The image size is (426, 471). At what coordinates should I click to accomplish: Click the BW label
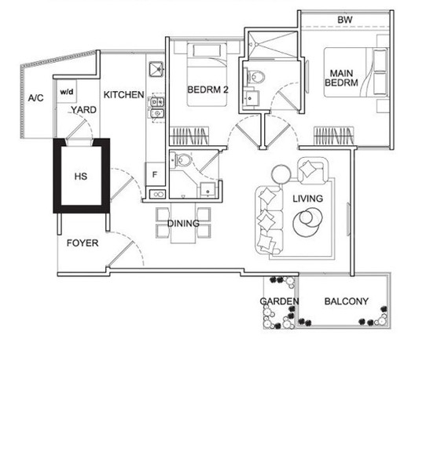coord(345,20)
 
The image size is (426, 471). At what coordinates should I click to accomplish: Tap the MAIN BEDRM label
coord(341,78)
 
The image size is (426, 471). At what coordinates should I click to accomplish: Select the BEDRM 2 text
coord(207,89)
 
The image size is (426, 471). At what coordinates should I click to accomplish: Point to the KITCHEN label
coord(123,95)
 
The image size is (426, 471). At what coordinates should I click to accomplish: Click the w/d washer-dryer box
coord(67,91)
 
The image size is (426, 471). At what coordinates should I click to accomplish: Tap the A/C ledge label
coord(36,97)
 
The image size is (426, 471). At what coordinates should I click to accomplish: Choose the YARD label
coord(83,110)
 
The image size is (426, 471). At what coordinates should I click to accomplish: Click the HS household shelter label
coord(81,176)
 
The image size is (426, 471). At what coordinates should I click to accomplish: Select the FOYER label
coord(83,243)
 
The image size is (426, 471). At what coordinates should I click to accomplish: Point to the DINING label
coord(183,223)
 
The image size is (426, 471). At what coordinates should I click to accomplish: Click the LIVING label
coord(308,199)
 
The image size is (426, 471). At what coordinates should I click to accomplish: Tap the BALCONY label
coord(347,301)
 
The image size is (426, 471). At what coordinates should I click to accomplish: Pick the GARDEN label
coord(279,301)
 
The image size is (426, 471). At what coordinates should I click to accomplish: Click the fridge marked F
coord(155,174)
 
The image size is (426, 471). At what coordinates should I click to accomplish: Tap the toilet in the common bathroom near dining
coord(182,160)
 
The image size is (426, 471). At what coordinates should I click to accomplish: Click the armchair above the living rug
coord(313,170)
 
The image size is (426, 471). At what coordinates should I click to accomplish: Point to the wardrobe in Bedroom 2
coord(189,136)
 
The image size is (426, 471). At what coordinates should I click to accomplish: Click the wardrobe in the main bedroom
coord(333,136)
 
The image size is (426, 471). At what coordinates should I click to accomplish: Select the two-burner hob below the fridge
coord(157,194)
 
